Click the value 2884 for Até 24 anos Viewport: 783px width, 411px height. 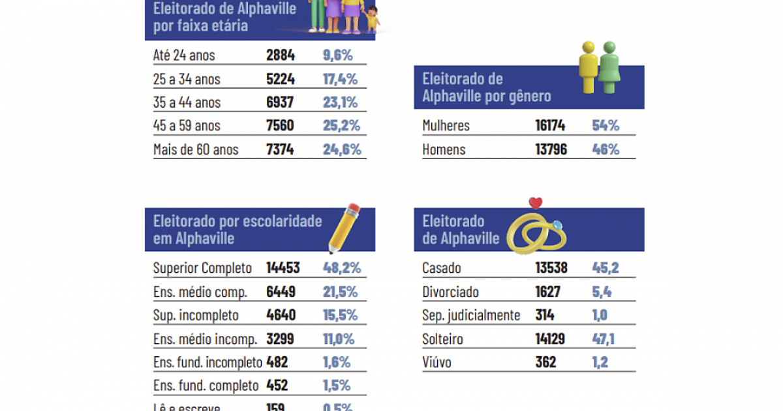point(281,55)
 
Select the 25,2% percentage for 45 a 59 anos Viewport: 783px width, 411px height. point(341,126)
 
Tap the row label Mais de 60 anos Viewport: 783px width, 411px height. point(196,149)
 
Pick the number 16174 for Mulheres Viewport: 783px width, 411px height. point(550,126)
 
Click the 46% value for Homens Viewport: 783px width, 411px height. point(605,149)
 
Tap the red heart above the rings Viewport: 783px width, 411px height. point(536,202)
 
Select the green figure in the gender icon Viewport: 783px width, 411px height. point(609,65)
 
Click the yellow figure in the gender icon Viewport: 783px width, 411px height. point(589,65)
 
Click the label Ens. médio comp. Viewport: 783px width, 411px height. point(200,292)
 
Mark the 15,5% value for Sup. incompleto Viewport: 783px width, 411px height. point(340,315)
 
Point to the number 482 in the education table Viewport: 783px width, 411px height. point(277,362)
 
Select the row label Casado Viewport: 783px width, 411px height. point(442,267)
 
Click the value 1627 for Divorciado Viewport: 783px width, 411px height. point(547,292)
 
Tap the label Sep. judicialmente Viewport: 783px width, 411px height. point(471,315)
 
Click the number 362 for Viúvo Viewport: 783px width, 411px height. point(545,362)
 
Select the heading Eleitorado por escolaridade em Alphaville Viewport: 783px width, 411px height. point(238,230)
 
